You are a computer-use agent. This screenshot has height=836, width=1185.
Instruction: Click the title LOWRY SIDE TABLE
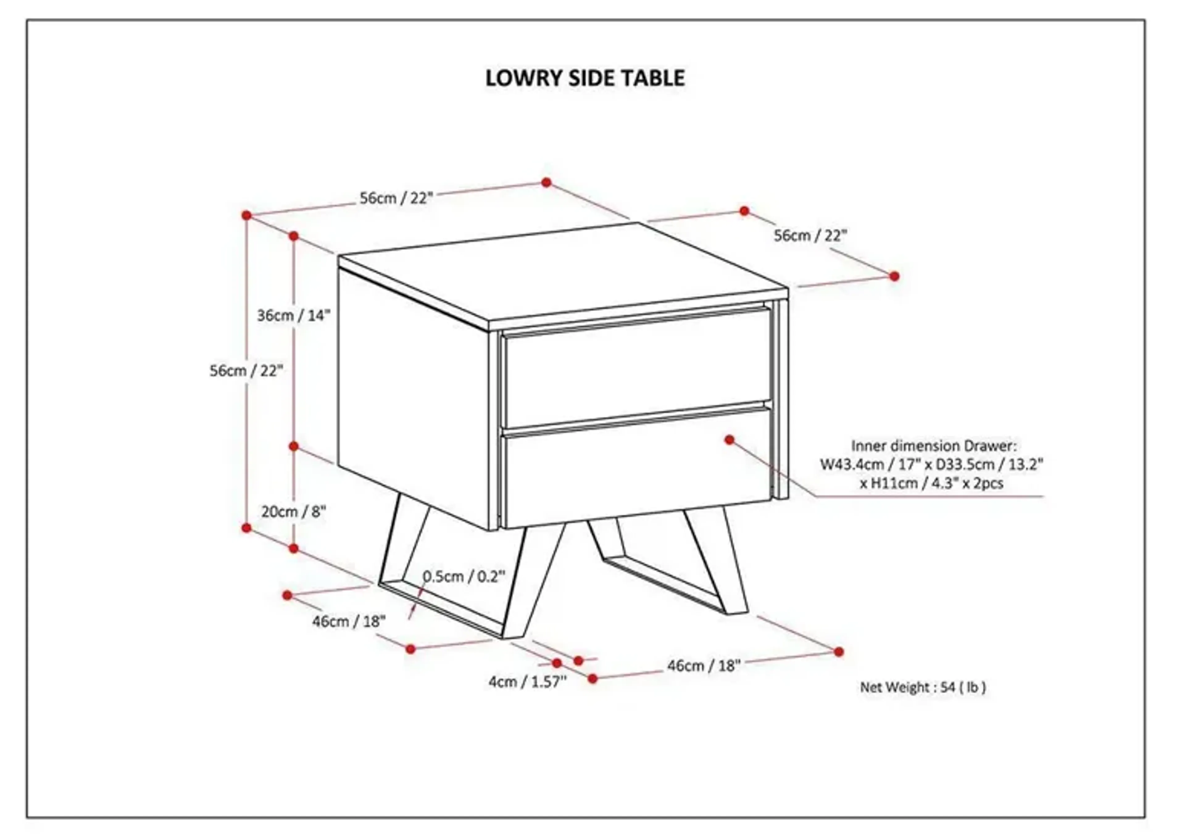coord(585,78)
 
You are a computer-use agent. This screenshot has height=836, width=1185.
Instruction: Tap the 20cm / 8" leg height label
coord(293,512)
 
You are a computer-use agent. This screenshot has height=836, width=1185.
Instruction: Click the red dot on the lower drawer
coord(729,440)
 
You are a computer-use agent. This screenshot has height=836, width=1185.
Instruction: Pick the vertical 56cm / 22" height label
coord(247,370)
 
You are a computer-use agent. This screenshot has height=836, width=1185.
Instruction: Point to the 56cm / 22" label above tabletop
coord(396,198)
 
